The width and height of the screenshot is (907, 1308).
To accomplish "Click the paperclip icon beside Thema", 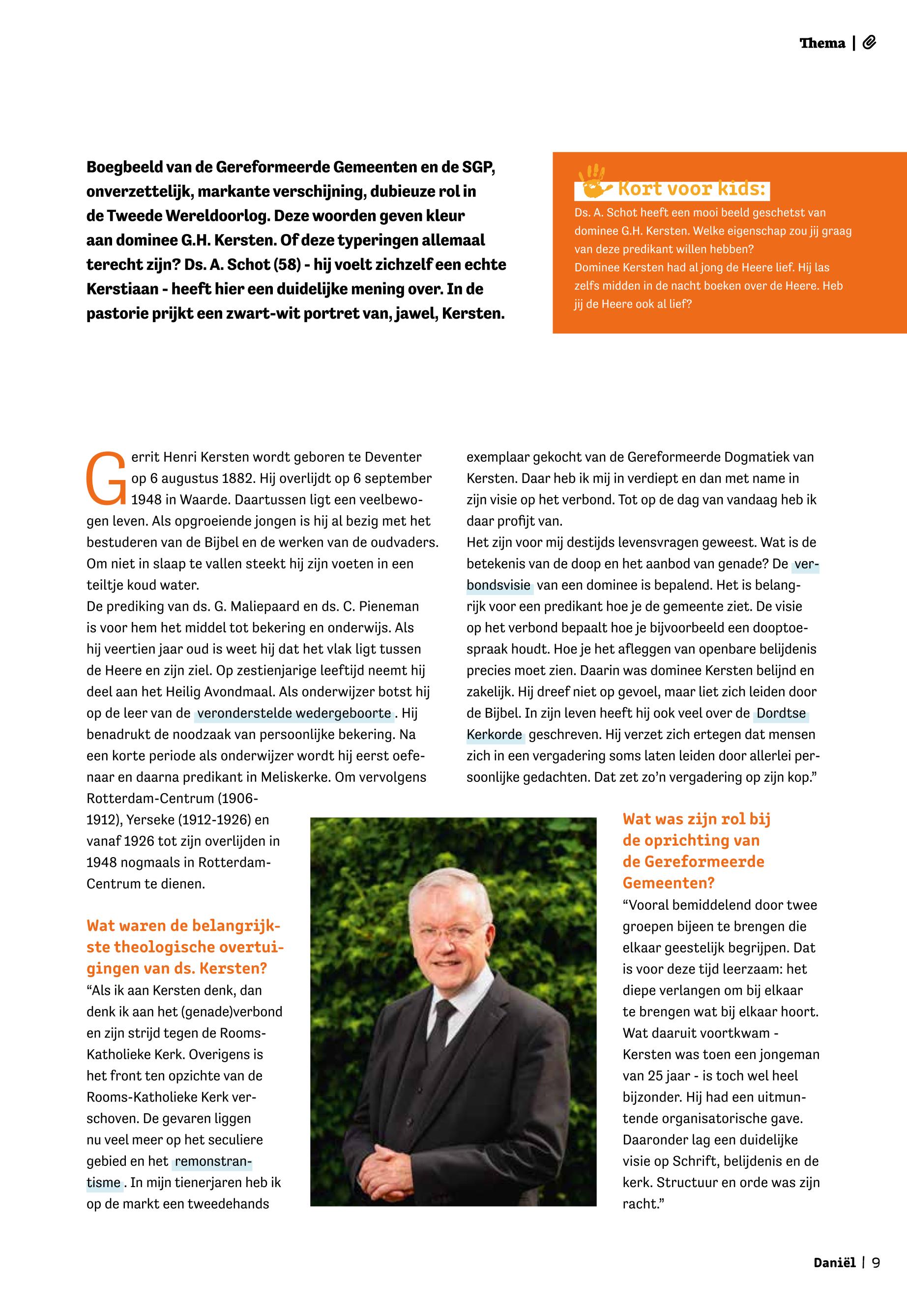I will tap(869, 43).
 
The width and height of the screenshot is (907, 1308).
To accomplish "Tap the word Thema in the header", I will tap(822, 43).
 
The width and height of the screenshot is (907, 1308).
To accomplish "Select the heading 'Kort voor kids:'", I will tap(691, 188).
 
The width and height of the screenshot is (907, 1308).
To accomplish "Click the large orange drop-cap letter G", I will tap(105, 478).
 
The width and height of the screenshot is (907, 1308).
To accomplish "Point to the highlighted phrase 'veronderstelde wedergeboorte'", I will tap(294, 713).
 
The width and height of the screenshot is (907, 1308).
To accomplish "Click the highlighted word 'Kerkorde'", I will tap(494, 735).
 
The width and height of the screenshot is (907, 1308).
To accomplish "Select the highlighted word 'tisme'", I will tap(103, 1183).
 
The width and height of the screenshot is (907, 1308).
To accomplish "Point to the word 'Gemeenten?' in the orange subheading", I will tap(668, 883).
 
